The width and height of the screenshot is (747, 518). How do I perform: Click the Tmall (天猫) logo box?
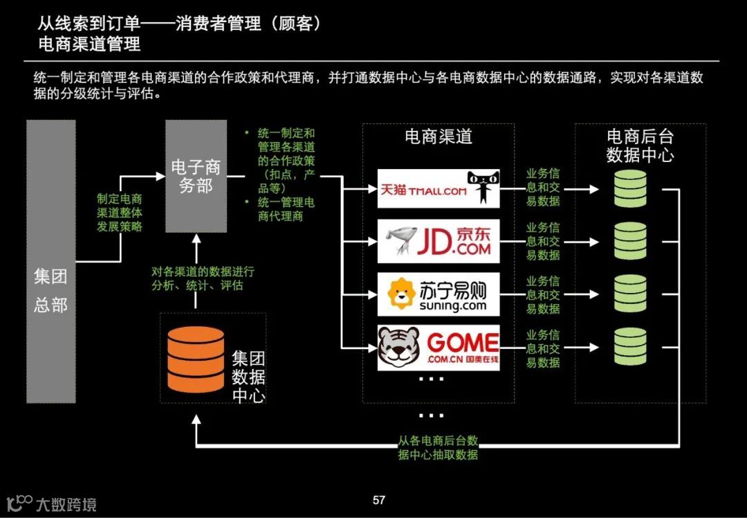439,188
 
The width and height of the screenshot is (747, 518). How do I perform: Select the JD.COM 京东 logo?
439,241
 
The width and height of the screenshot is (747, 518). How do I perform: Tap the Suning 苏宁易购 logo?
439,294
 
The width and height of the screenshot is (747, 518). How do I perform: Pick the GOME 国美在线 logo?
439,348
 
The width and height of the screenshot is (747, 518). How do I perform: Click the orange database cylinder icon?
196,359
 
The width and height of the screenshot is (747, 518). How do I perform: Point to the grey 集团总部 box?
50,261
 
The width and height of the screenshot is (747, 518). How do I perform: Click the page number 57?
378,500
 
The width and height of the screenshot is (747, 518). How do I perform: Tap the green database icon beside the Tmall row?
629,188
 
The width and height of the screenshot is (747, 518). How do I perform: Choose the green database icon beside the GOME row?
629,347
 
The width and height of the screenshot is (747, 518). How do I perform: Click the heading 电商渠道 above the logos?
439,136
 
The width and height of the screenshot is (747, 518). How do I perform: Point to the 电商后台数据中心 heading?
640,145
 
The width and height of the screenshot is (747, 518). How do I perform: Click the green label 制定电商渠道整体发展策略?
120,212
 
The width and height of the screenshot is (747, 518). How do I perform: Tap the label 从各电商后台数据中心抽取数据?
438,447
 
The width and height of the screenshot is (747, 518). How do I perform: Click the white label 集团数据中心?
248,377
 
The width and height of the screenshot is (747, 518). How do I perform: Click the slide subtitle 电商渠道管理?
90,44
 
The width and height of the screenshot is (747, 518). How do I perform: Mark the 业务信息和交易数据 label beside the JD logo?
543,241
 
